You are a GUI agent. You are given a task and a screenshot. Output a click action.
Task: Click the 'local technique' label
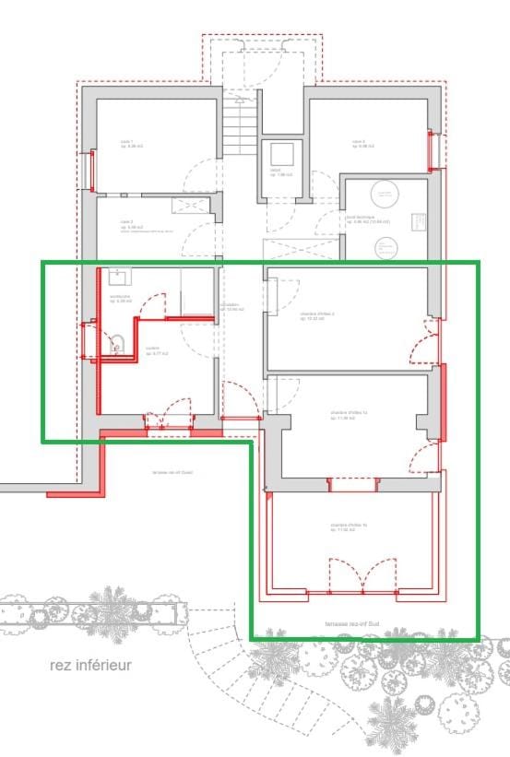click(367, 219)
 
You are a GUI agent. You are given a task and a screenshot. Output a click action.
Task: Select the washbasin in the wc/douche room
click(118, 278)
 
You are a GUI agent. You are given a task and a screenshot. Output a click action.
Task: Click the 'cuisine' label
click(156, 351)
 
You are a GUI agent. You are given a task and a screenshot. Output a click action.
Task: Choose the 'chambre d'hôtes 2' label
click(316, 315)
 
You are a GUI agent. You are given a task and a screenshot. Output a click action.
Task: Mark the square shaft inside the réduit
click(279, 153)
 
